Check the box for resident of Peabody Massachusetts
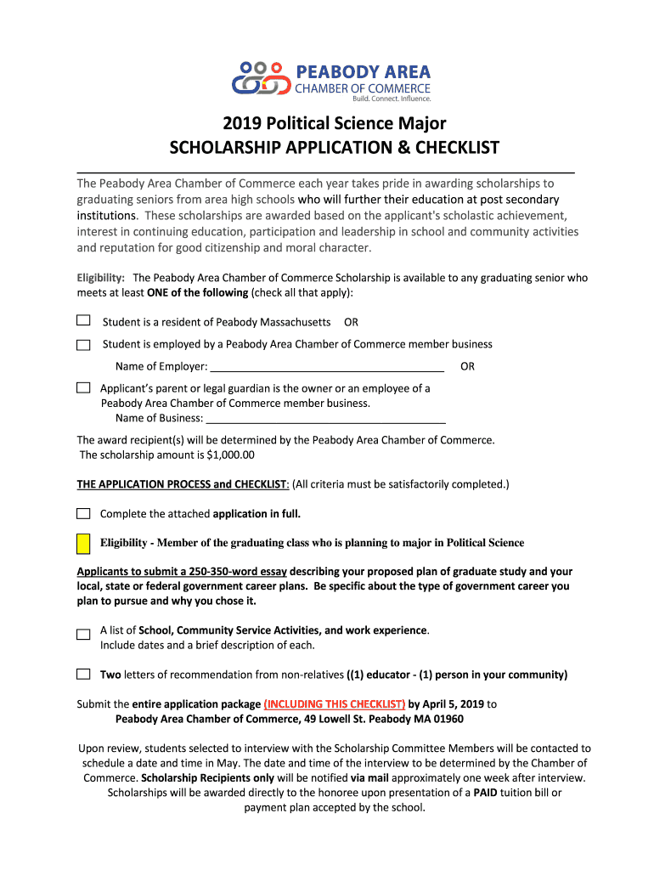pyautogui.click(x=83, y=321)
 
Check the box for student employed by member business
pyautogui.click(x=83, y=345)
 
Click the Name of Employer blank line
pyautogui.click(x=326, y=367)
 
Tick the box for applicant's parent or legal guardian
pyautogui.click(x=83, y=387)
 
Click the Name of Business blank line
pyautogui.click(x=326, y=418)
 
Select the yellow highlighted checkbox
pyautogui.click(x=83, y=543)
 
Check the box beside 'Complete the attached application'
pyautogui.click(x=83, y=514)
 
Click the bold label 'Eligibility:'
pyautogui.click(x=101, y=278)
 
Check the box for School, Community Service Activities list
pyautogui.click(x=83, y=634)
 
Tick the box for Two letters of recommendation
pyautogui.click(x=83, y=675)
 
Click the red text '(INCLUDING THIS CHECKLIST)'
pyautogui.click(x=334, y=704)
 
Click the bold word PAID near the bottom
pyautogui.click(x=486, y=793)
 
